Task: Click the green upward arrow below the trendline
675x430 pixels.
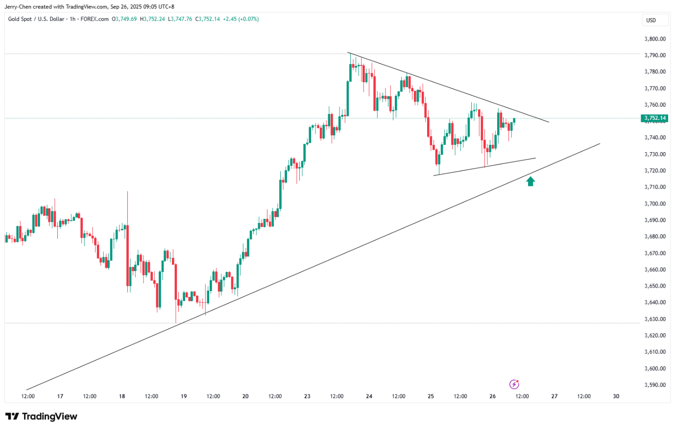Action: coord(530,181)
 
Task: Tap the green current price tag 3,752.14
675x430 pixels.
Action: coord(654,118)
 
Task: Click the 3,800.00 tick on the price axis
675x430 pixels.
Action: coord(655,39)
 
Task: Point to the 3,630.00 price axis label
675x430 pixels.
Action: coord(655,319)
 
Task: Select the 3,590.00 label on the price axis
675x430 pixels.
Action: coord(655,385)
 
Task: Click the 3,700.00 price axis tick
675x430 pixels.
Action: coord(655,204)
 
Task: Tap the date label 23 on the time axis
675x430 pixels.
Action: coord(307,396)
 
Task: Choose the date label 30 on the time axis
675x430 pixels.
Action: coord(616,396)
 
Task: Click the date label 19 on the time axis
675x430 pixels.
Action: coord(184,396)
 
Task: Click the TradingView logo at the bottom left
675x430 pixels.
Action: coord(42,416)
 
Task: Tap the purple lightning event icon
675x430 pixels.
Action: coord(514,384)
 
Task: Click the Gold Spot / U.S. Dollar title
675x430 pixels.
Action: coord(36,19)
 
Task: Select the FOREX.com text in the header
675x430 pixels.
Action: coord(95,19)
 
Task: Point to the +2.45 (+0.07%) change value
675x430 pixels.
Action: coord(241,19)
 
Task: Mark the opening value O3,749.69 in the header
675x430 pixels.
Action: coord(124,19)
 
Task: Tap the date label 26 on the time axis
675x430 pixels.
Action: coord(492,396)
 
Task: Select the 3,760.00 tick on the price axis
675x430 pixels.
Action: coord(655,105)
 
